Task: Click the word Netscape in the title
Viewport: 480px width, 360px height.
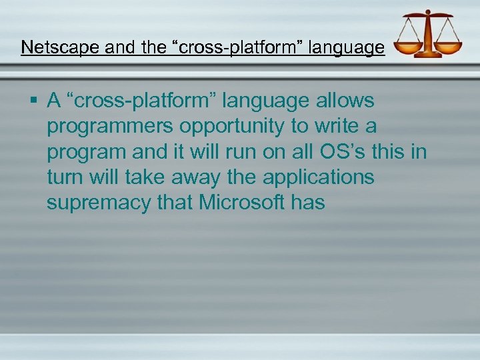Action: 51,47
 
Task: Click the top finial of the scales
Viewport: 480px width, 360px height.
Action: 428,13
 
